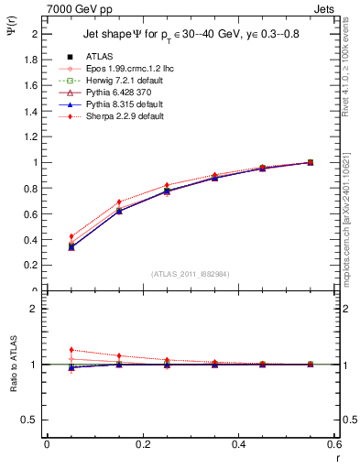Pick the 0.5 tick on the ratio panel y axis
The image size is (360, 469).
point(31,420)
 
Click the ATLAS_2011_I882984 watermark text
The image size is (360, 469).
point(190,274)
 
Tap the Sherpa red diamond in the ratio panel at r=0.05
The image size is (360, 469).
point(71,349)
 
